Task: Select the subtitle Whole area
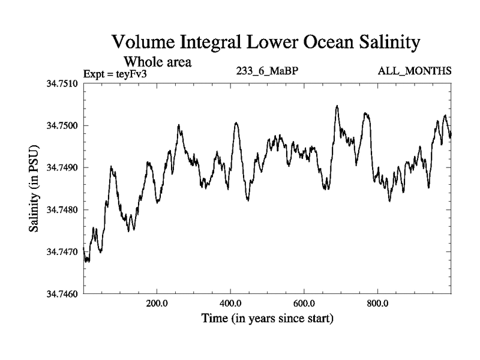coord(157,61)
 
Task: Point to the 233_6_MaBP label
coord(268,71)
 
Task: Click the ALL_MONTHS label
coord(414,71)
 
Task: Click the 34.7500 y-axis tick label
coord(62,125)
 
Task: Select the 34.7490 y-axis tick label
coord(62,167)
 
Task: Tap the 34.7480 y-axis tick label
coord(62,210)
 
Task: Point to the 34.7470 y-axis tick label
coord(62,252)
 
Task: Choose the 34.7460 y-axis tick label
coord(62,294)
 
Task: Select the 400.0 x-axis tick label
coord(231,303)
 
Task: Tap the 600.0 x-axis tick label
coord(305,303)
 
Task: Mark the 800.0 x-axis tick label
coord(379,303)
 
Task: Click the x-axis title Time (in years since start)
coord(268,318)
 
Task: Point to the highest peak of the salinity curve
coord(337,106)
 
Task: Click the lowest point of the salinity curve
coord(86,262)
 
